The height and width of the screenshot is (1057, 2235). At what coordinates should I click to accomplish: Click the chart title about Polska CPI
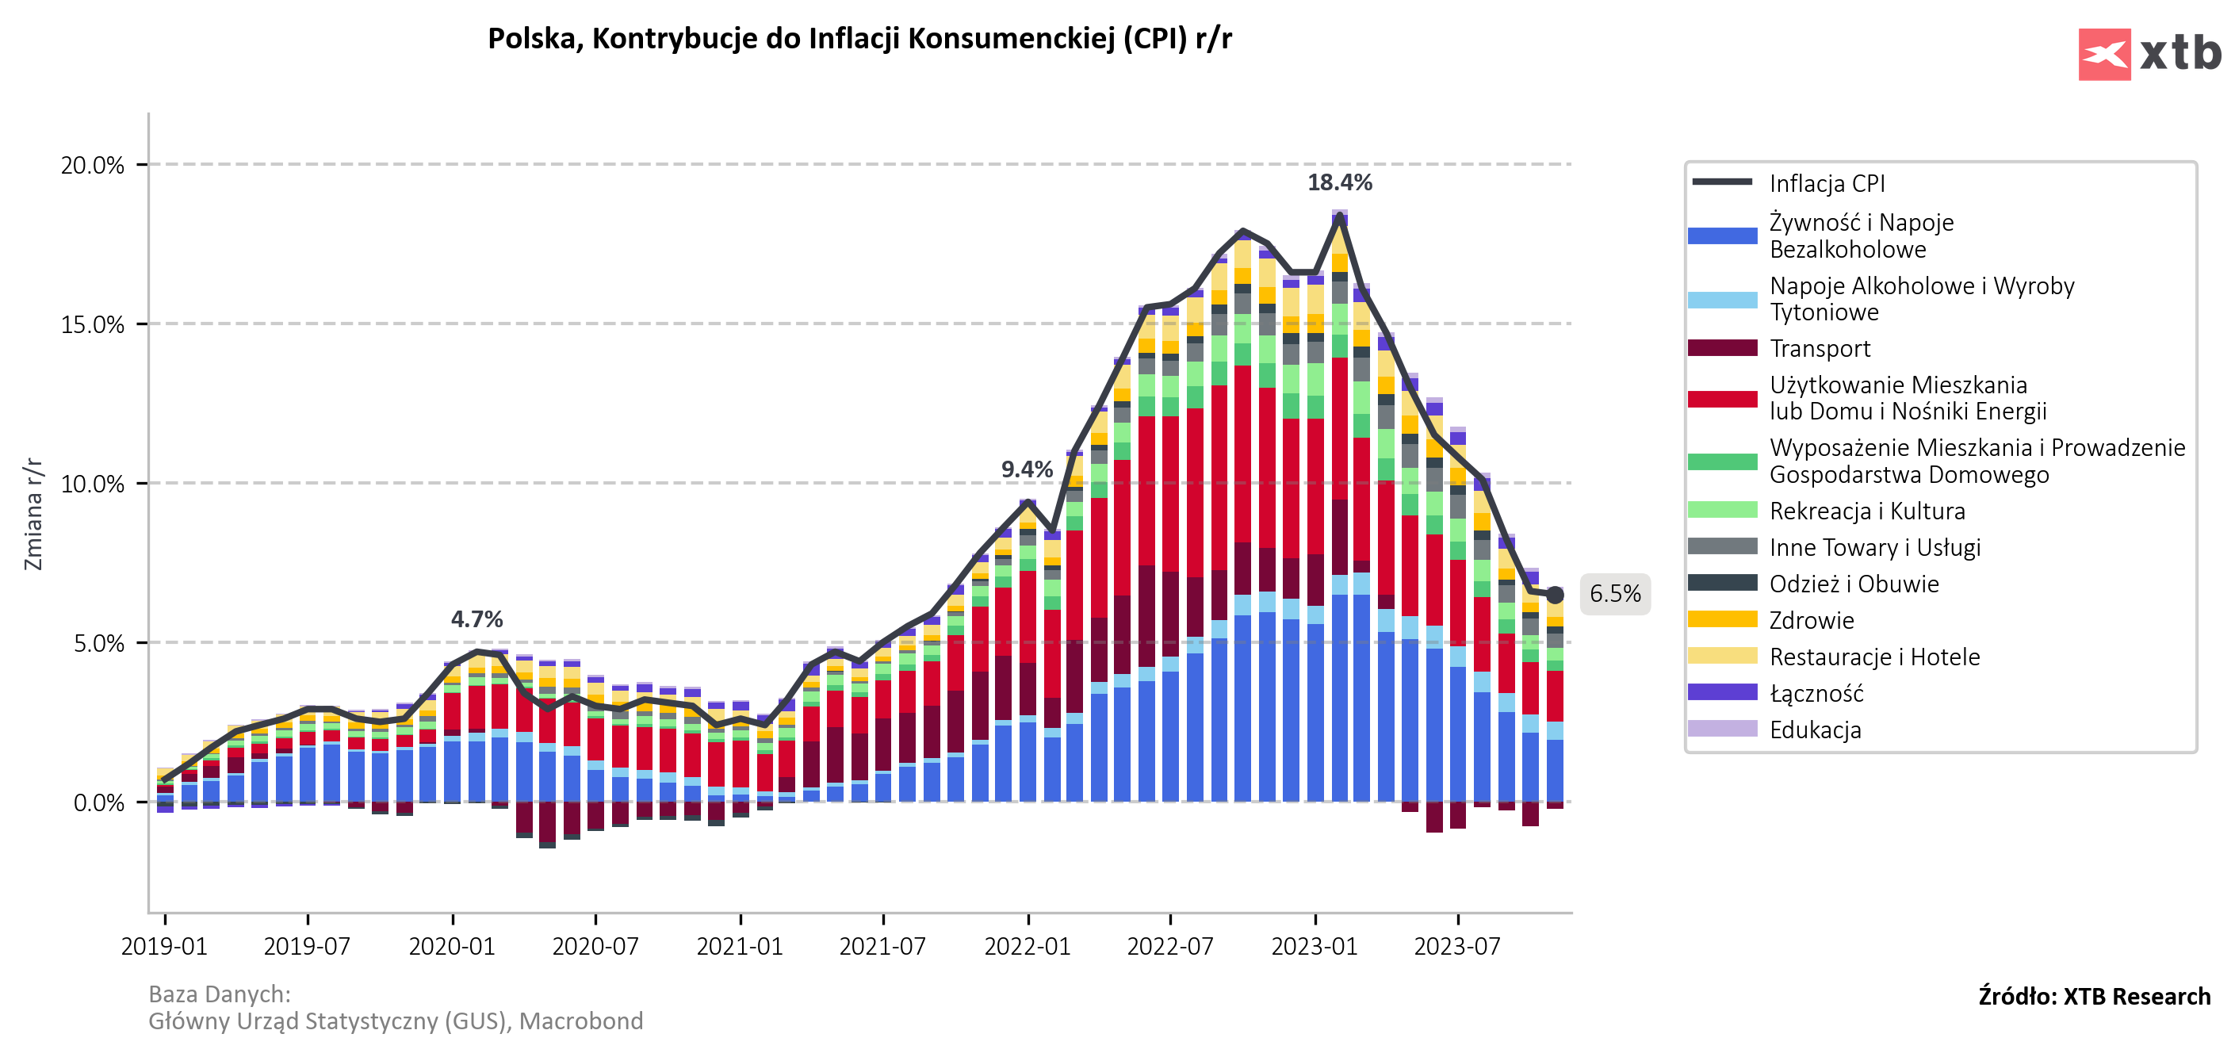(x=859, y=39)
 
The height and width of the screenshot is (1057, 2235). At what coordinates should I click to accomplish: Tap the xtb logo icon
(x=2103, y=55)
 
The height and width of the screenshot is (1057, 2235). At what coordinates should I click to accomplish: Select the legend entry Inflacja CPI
(x=1827, y=183)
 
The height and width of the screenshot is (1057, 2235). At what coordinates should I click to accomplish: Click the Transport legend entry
(x=1820, y=348)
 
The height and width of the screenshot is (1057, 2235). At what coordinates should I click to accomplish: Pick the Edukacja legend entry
(x=1814, y=730)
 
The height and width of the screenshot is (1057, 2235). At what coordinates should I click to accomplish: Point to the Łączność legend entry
(x=1816, y=692)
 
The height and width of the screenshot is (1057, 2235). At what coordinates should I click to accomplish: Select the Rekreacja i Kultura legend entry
(x=1866, y=511)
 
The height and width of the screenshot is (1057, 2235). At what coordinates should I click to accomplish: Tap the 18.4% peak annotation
(x=1340, y=182)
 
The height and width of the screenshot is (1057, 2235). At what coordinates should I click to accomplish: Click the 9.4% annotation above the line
(x=1027, y=469)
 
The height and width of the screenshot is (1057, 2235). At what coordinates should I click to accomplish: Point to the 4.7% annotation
(x=476, y=618)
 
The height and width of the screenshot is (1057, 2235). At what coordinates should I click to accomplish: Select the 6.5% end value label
(x=1615, y=595)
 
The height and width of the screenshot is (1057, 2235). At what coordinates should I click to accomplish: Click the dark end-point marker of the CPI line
(x=1555, y=595)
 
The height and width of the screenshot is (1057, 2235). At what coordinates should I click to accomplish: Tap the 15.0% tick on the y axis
(x=93, y=324)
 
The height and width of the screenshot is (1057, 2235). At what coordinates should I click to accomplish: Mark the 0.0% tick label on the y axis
(x=98, y=802)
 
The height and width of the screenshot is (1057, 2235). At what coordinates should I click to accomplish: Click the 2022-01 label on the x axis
(x=1028, y=946)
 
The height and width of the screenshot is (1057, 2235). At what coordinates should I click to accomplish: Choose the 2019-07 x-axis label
(x=307, y=946)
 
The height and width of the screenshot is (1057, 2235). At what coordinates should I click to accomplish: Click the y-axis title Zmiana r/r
(x=33, y=514)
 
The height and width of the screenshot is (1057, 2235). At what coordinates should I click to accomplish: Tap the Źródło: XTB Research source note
(x=2094, y=996)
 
